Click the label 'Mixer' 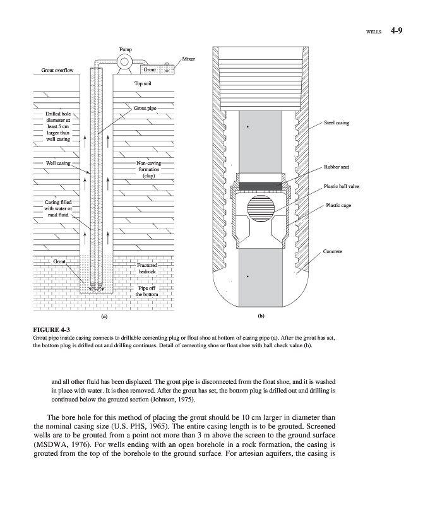tap(188, 59)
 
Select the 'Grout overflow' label tap(57, 70)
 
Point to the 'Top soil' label tap(143, 83)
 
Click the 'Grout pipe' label tap(145, 109)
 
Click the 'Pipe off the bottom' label tap(146, 291)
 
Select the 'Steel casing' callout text tap(336, 122)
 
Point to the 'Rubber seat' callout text tap(336, 167)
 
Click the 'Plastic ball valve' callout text tap(341, 186)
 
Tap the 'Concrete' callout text tap(333, 252)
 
